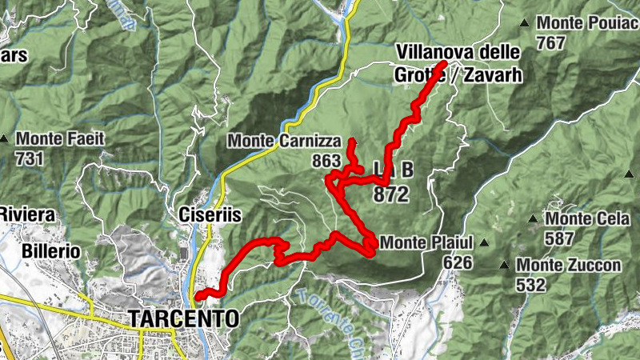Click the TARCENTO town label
(184, 318)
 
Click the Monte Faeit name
(60, 138)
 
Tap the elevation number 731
(29, 158)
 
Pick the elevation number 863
(326, 161)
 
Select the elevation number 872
(390, 194)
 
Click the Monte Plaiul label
(428, 242)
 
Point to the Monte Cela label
(583, 218)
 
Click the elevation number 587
(559, 238)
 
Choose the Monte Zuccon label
(569, 265)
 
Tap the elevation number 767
(552, 43)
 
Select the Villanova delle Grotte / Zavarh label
(458, 64)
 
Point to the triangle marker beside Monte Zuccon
(505, 265)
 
